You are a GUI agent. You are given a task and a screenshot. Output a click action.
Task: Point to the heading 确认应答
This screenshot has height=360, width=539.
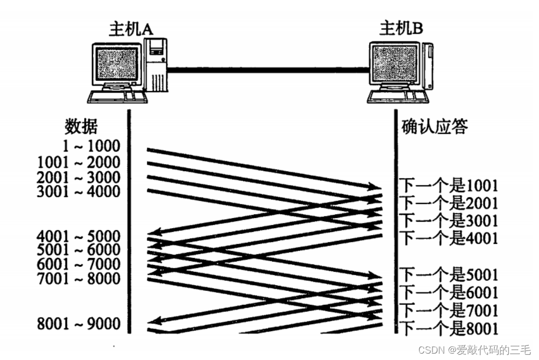[x=434, y=127]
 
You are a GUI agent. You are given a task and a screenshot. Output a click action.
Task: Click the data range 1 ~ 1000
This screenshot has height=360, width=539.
[x=90, y=145]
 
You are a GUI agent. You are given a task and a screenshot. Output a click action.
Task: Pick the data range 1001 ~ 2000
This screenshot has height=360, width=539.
[x=79, y=162]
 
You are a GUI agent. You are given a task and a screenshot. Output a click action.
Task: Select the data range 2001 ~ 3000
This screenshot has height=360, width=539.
[x=79, y=177]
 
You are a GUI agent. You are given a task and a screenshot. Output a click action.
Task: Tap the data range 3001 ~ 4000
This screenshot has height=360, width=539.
[x=79, y=191]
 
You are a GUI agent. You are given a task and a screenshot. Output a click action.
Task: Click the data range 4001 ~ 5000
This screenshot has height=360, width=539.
[x=79, y=236]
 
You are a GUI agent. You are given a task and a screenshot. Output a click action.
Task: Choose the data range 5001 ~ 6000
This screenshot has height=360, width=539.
[x=79, y=250]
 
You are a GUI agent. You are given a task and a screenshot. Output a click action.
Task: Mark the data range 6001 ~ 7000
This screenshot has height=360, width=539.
[x=79, y=264]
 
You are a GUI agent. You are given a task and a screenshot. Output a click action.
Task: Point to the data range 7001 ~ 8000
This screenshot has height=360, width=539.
[x=79, y=278]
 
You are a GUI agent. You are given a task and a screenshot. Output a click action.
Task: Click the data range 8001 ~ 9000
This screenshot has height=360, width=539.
[x=79, y=323]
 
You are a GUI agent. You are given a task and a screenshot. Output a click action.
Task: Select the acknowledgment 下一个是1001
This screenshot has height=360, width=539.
[x=449, y=186]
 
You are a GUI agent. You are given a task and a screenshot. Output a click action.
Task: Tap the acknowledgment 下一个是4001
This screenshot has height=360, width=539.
[x=449, y=237]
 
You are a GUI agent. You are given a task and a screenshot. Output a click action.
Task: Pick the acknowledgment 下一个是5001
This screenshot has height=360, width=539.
[x=449, y=275]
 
